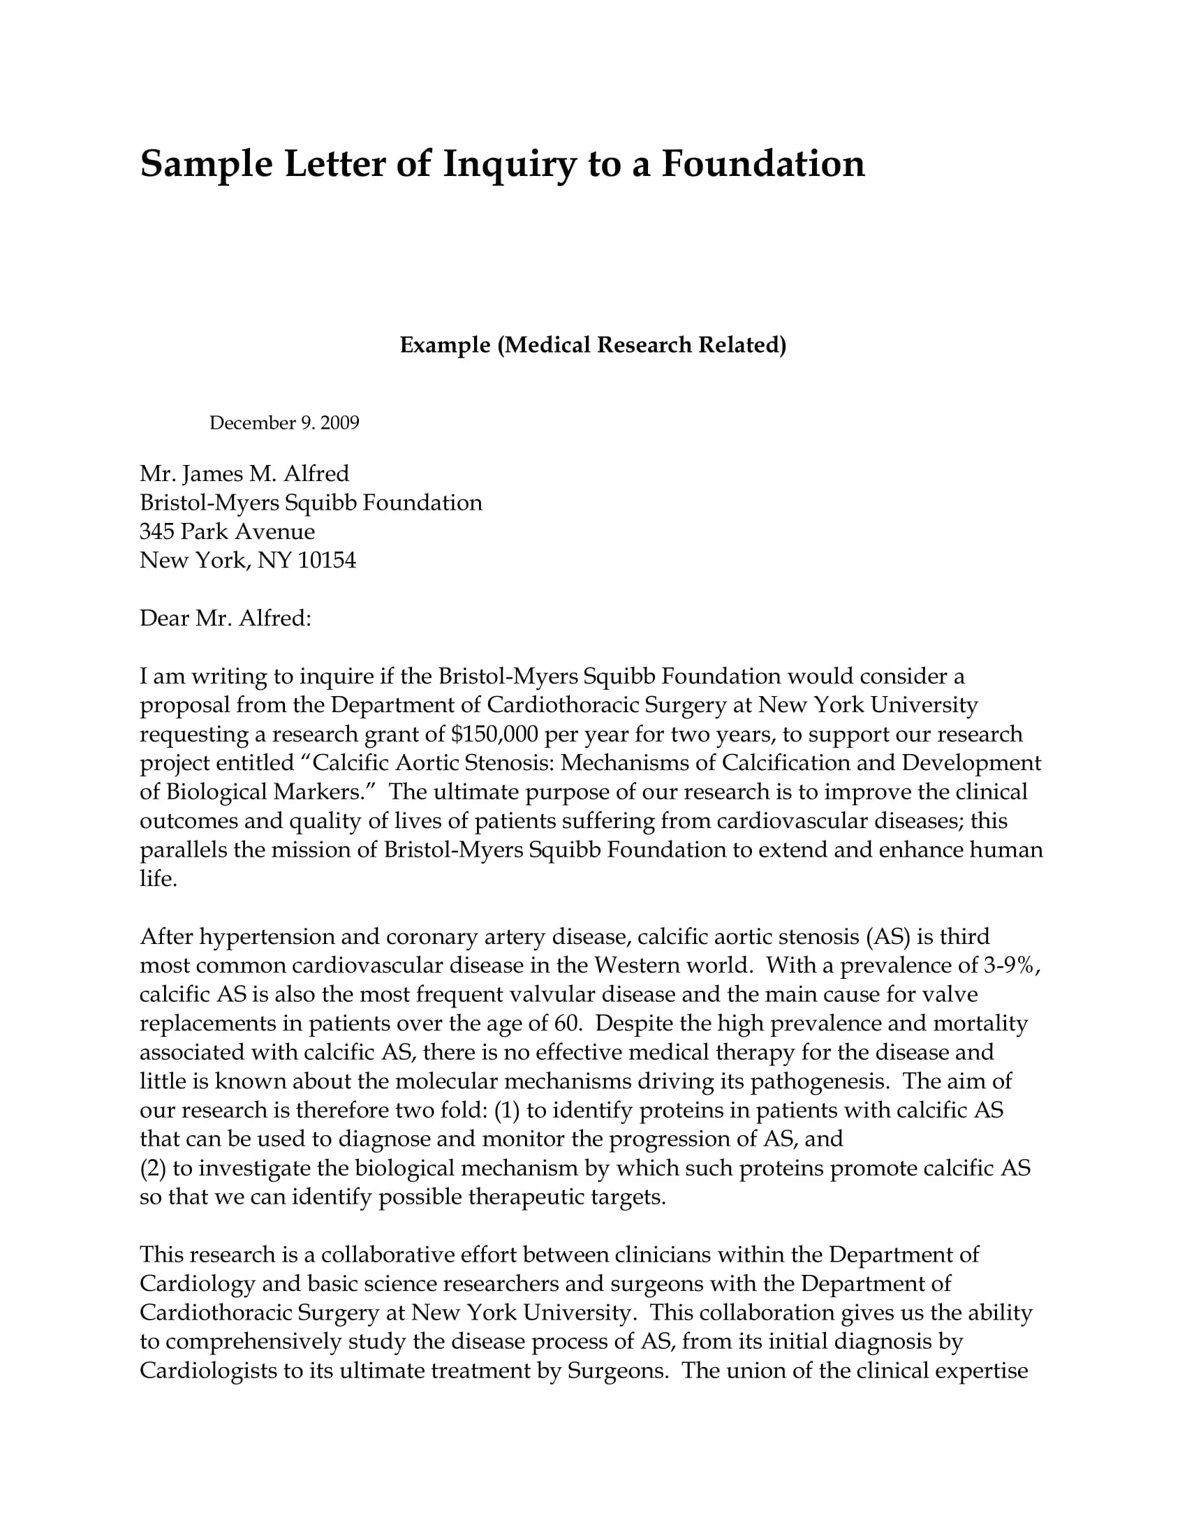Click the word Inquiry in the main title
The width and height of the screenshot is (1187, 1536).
click(508, 165)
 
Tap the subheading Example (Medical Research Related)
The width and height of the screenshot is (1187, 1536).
click(593, 345)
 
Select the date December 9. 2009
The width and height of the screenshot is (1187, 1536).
click(284, 422)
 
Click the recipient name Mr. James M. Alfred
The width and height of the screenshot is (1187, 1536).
click(244, 473)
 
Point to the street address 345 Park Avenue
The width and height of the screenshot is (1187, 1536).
click(226, 531)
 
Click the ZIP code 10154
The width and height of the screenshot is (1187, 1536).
click(327, 560)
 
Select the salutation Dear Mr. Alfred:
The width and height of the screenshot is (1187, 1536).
click(225, 617)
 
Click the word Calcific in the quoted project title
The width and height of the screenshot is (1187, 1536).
click(351, 762)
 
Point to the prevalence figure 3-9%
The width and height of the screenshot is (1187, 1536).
click(1008, 965)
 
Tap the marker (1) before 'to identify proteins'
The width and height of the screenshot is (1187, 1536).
click(507, 1110)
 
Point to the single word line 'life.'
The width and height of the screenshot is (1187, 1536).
click(158, 878)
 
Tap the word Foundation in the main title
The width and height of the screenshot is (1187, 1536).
click(763, 165)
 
